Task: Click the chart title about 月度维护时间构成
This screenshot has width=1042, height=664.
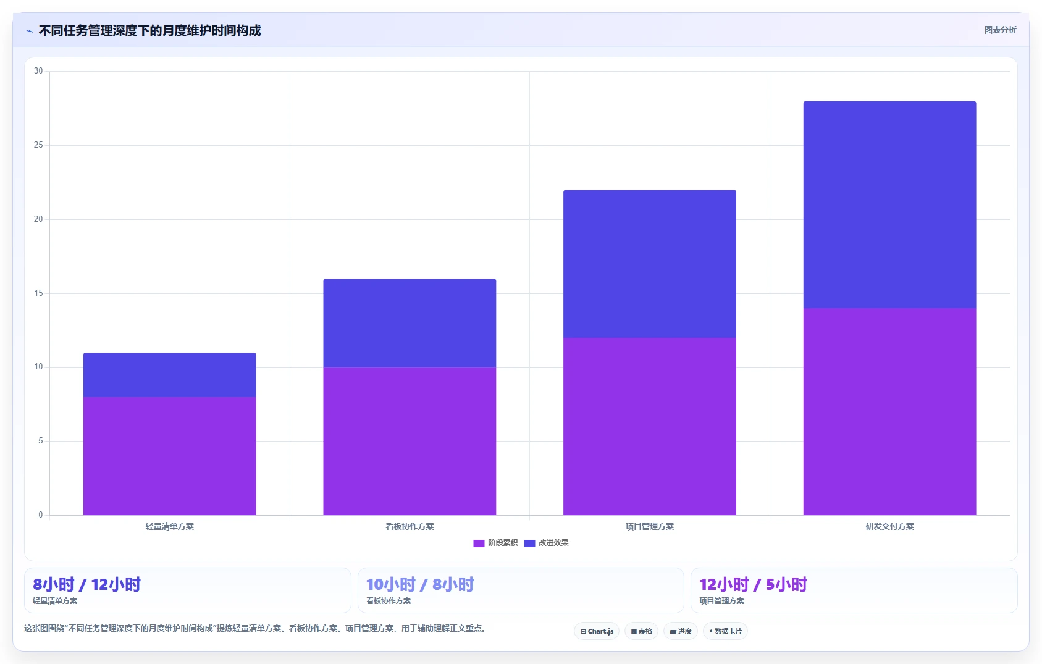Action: pyautogui.click(x=149, y=31)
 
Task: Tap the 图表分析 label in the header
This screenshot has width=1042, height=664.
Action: pyautogui.click(x=1000, y=30)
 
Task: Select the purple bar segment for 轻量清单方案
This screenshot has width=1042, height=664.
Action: pyautogui.click(x=170, y=456)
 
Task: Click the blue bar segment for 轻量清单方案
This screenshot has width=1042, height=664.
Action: pyautogui.click(x=170, y=374)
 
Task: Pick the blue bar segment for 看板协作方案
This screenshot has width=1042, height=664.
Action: pyautogui.click(x=410, y=323)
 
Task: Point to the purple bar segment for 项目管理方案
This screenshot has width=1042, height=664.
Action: pyautogui.click(x=650, y=426)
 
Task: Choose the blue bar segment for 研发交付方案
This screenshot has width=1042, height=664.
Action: pyautogui.click(x=890, y=204)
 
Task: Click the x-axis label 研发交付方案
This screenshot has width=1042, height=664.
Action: pyautogui.click(x=890, y=526)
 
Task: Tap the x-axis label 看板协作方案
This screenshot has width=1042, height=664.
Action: pyautogui.click(x=410, y=526)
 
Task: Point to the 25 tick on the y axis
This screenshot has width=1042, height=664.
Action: pyautogui.click(x=38, y=145)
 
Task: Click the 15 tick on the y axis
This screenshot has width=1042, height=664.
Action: pyautogui.click(x=38, y=293)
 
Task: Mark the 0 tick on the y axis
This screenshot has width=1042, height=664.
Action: pyautogui.click(x=41, y=515)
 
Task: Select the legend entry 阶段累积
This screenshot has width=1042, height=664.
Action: pyautogui.click(x=495, y=543)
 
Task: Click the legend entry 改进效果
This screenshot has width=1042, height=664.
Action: pyautogui.click(x=547, y=543)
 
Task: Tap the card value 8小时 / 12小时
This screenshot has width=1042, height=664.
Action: pyautogui.click(x=87, y=584)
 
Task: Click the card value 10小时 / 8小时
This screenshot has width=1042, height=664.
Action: pyautogui.click(x=420, y=584)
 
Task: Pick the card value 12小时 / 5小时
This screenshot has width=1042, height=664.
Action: pyautogui.click(x=754, y=584)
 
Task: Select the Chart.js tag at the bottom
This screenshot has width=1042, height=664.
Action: pyautogui.click(x=597, y=631)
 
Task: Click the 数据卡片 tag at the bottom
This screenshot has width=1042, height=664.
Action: pyautogui.click(x=725, y=631)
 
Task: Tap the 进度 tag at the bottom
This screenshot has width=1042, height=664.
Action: pyautogui.click(x=681, y=631)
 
